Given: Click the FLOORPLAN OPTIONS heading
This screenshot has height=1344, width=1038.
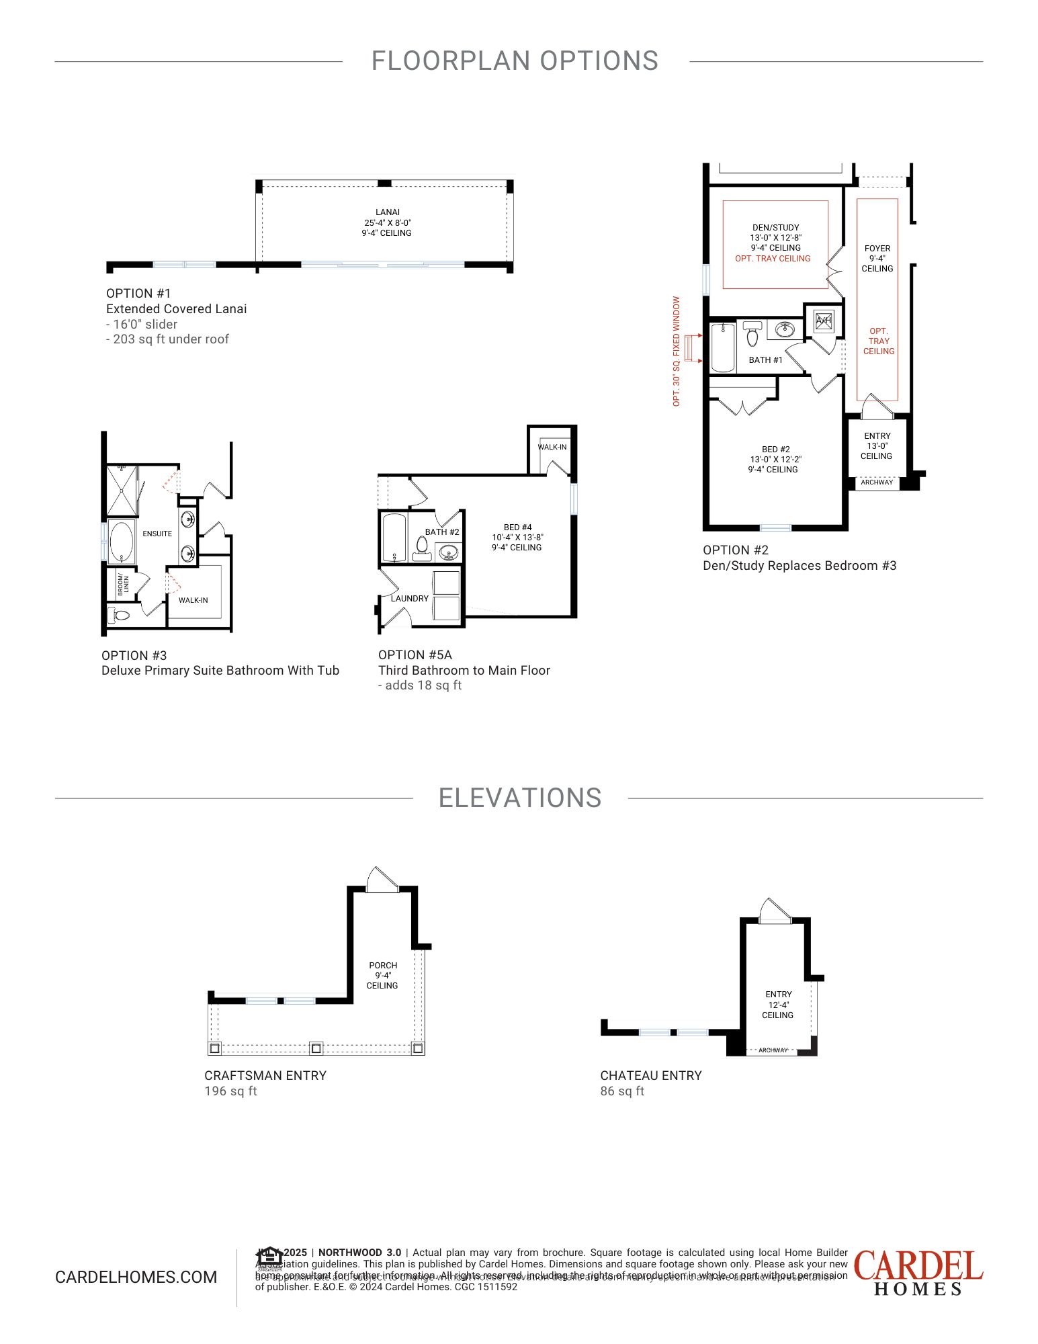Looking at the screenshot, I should pyautogui.click(x=515, y=61).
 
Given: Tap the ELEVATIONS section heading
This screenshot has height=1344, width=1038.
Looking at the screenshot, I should pyautogui.click(x=519, y=798).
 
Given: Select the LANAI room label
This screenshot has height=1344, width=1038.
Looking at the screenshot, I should pyautogui.click(x=387, y=212).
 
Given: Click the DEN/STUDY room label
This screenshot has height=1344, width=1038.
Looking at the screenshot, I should pyautogui.click(x=775, y=228).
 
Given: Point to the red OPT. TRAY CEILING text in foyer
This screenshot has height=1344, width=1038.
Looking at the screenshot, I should pyautogui.click(x=878, y=341).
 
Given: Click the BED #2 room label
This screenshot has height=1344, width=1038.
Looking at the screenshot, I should pyautogui.click(x=775, y=450).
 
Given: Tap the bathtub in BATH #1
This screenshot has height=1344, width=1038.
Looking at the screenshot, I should pyautogui.click(x=723, y=347).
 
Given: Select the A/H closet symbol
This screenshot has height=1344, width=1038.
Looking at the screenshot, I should pyautogui.click(x=824, y=321).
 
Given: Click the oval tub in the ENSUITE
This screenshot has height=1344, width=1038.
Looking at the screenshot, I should pyautogui.click(x=122, y=542).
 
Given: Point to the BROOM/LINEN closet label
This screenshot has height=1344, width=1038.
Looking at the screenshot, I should pyautogui.click(x=123, y=584).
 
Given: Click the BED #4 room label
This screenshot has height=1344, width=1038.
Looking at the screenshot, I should pyautogui.click(x=517, y=528).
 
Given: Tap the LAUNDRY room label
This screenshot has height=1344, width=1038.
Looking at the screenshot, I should pyautogui.click(x=409, y=598).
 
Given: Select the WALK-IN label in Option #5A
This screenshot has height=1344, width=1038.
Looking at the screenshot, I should pyautogui.click(x=552, y=447).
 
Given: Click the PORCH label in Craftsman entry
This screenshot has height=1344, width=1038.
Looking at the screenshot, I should pyautogui.click(x=383, y=965).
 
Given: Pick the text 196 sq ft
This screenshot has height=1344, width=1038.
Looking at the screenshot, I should pyautogui.click(x=230, y=1091).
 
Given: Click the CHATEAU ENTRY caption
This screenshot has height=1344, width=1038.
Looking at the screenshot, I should pyautogui.click(x=650, y=1075).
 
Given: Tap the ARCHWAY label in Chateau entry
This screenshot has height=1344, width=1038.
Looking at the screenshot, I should pyautogui.click(x=773, y=1050).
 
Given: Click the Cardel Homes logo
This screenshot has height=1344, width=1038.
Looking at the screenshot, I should pyautogui.click(x=918, y=1272).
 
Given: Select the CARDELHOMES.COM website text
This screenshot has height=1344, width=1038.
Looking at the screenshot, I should pyautogui.click(x=136, y=1277).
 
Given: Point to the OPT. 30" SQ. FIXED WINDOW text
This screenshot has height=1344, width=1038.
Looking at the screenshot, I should pyautogui.click(x=677, y=351).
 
